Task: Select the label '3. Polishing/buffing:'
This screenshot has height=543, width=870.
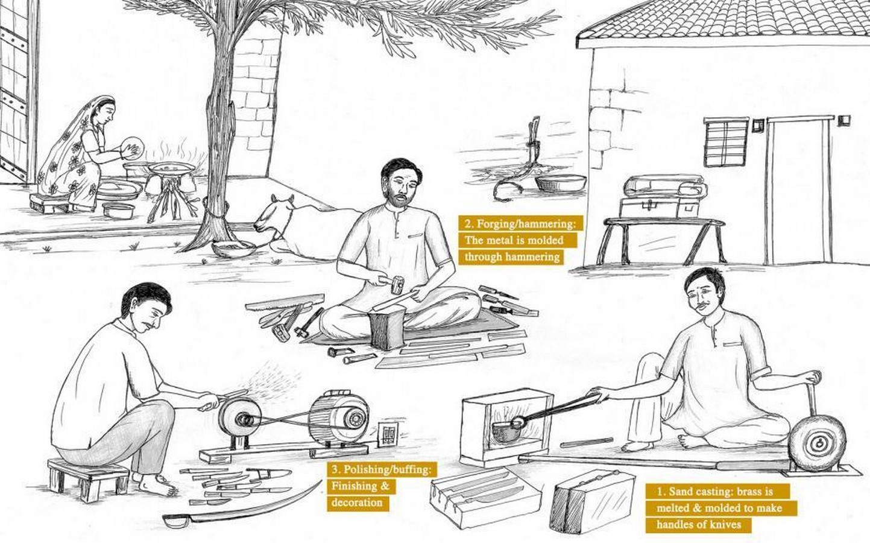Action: pyautogui.click(x=381, y=469)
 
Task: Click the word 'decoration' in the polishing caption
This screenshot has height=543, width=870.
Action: pyautogui.click(x=357, y=502)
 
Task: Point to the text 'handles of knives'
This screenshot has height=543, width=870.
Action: pyautogui.click(x=699, y=524)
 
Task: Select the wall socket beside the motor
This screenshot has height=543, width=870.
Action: pyautogui.click(x=388, y=433)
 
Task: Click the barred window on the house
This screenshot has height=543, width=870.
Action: pyautogui.click(x=726, y=142)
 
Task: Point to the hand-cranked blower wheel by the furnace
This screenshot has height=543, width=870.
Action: pyautogui.click(x=818, y=443)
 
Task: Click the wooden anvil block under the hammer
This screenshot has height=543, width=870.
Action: pyautogui.click(x=387, y=327)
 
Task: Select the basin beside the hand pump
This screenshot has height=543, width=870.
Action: pyautogui.click(x=561, y=183)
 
